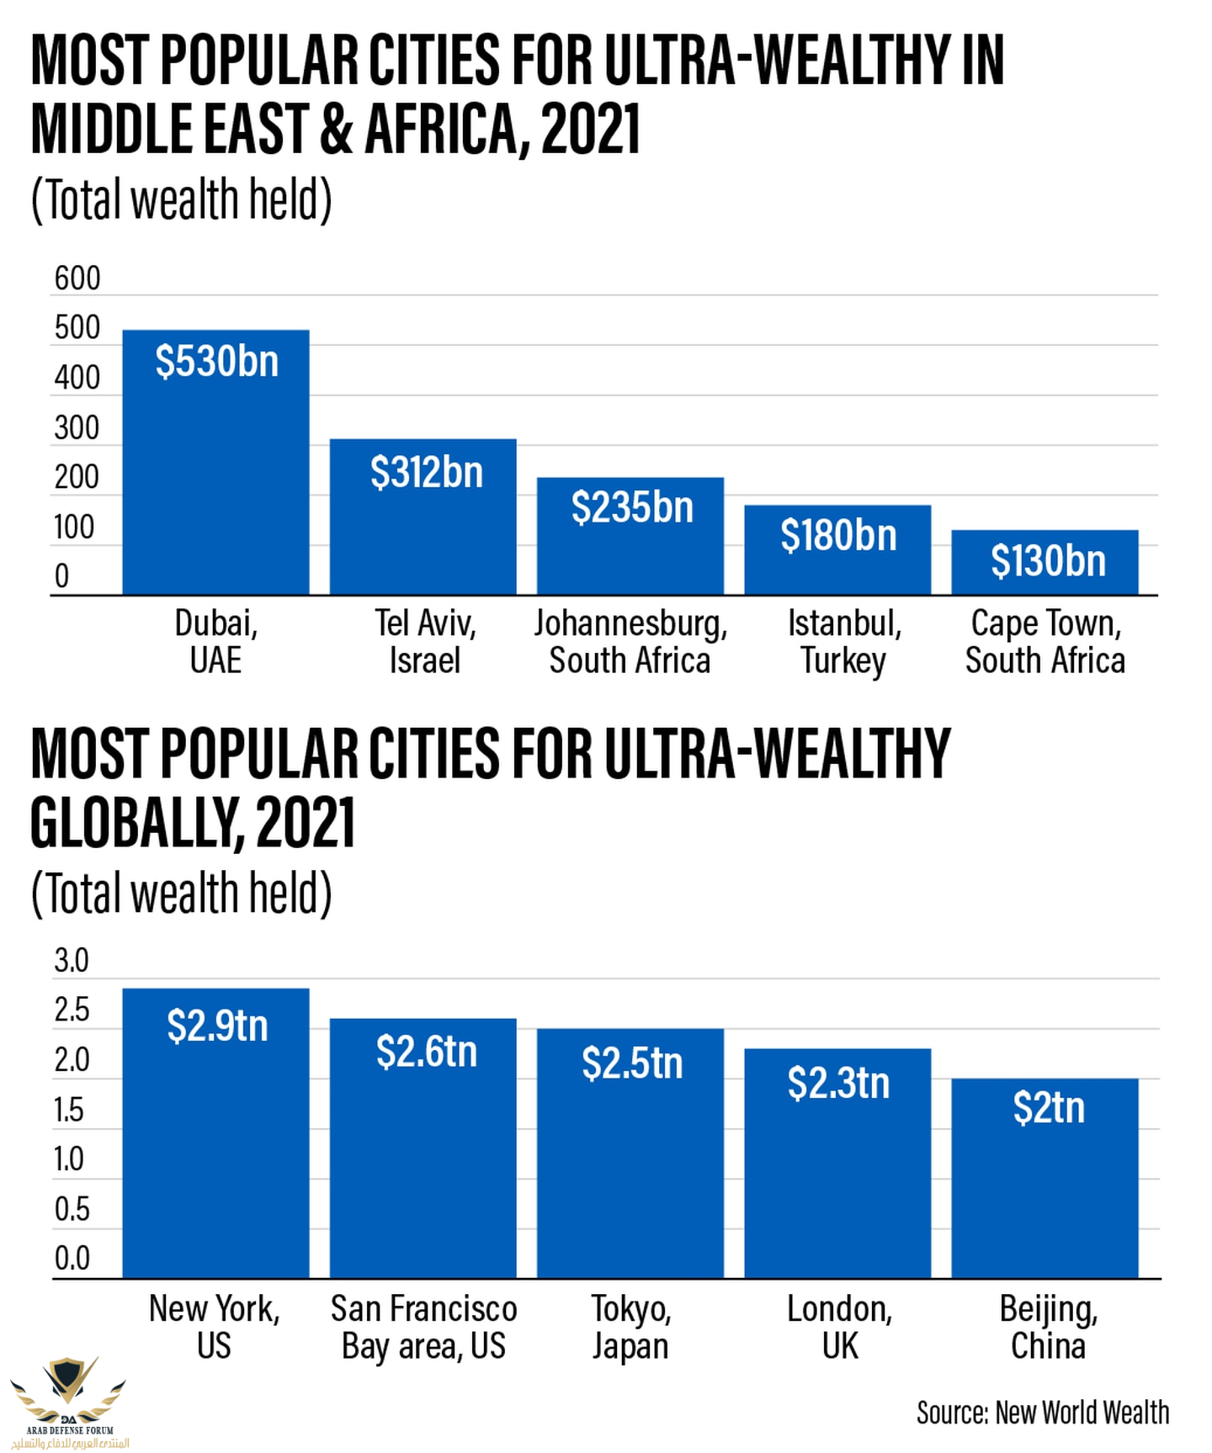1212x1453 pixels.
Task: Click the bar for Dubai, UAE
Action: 215,471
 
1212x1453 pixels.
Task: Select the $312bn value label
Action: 427,472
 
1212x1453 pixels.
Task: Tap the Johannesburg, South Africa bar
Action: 630,547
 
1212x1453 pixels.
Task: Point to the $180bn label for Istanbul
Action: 838,535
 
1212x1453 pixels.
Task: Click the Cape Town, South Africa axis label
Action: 1045,641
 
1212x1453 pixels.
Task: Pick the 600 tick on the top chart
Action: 77,278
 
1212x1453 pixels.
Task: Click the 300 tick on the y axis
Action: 77,428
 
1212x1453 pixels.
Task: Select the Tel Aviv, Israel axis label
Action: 425,641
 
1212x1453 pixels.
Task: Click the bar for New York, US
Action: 215,1161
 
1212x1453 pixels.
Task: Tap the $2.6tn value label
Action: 427,1052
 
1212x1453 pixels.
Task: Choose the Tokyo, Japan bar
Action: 630,1178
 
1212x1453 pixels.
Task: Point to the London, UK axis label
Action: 839,1327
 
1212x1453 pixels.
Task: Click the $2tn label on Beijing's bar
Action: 1049,1107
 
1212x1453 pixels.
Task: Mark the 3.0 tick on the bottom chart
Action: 72,961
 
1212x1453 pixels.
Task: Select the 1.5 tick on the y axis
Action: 69,1111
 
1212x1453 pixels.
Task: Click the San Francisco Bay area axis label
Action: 423,1327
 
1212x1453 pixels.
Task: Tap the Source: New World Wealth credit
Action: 1042,1413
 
